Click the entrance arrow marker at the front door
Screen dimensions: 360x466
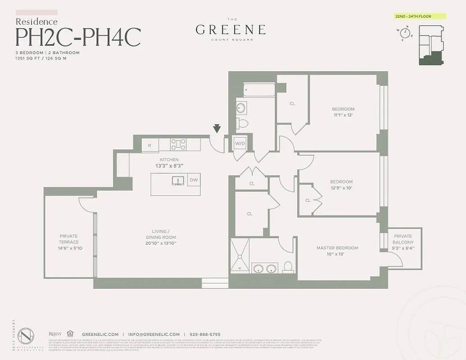(x=217, y=129)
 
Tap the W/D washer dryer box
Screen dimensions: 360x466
(x=239, y=144)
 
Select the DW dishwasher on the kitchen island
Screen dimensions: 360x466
(x=194, y=180)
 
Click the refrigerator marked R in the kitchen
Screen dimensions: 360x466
(x=149, y=145)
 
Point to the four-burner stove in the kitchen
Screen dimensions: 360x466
(x=178, y=144)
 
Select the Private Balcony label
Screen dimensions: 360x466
(x=403, y=242)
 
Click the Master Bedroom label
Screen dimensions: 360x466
(x=337, y=248)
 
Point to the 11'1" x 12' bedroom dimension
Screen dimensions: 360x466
(x=343, y=115)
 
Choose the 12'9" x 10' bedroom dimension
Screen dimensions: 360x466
(x=342, y=188)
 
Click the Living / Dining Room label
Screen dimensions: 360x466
(x=161, y=240)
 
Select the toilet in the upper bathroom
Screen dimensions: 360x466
(x=243, y=122)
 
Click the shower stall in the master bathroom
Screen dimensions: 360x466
(x=240, y=256)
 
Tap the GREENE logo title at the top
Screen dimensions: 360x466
(x=230, y=30)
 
